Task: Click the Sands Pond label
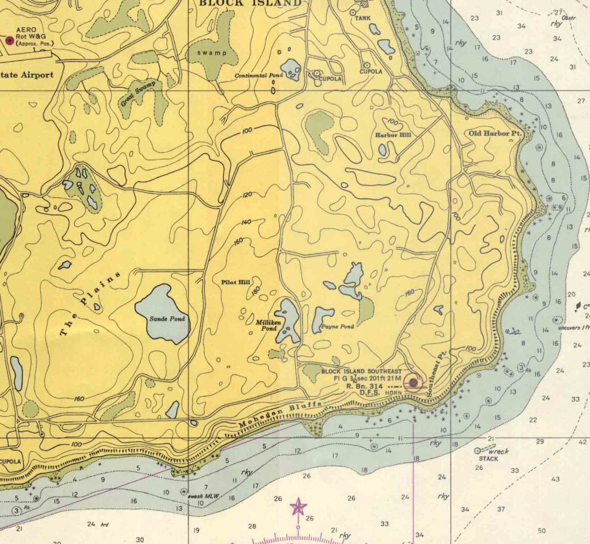click(167, 319)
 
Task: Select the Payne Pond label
click(337, 327)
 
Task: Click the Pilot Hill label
click(236, 282)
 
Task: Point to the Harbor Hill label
click(393, 135)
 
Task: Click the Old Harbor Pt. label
click(495, 133)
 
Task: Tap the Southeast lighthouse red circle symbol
click(413, 382)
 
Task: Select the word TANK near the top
click(363, 18)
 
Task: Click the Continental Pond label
click(259, 75)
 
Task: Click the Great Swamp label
click(137, 93)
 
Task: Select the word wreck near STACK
click(499, 451)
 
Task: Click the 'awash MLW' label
click(203, 496)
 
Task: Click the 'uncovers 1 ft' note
click(573, 328)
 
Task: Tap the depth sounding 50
click(542, 531)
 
